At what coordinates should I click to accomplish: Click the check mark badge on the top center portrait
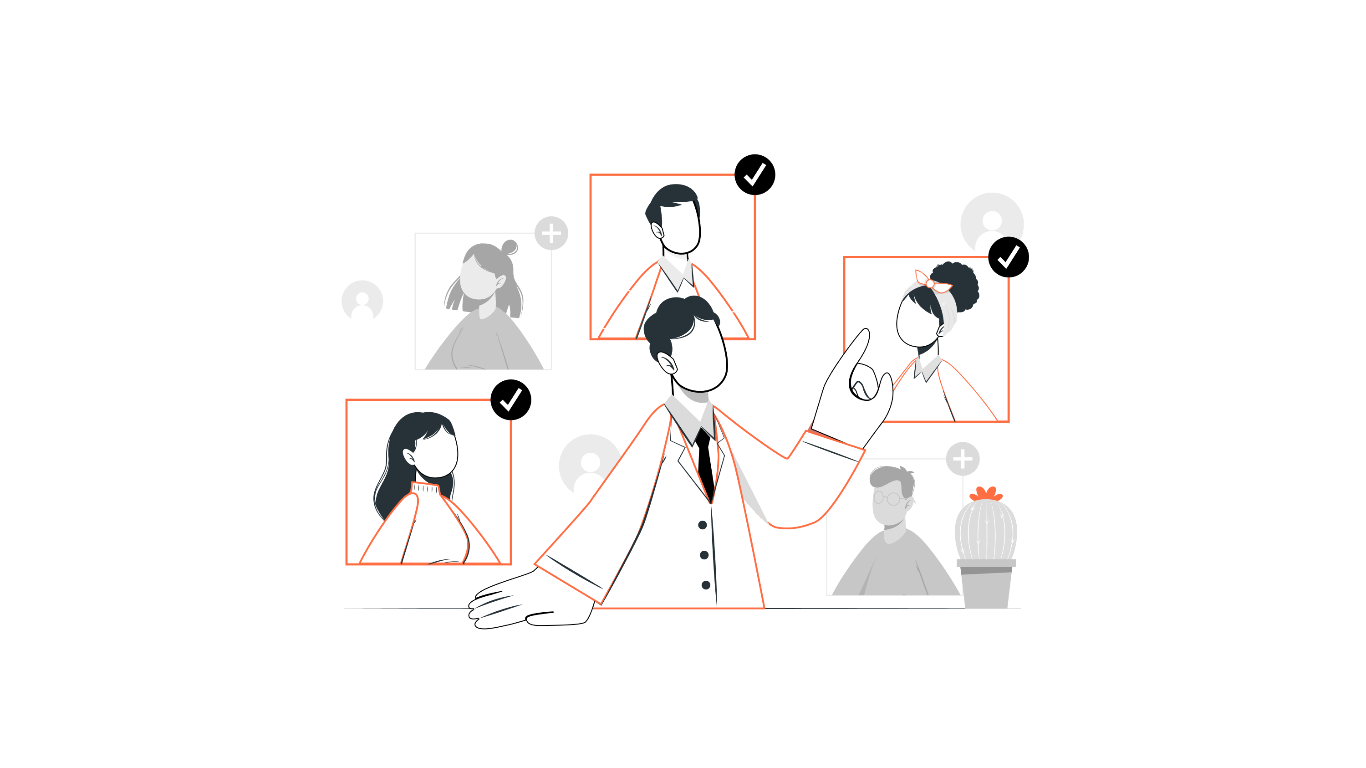click(754, 174)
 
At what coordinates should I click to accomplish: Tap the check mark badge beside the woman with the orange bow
click(1008, 257)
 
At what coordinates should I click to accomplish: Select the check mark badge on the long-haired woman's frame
click(511, 400)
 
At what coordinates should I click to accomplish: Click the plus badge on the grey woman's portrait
click(551, 233)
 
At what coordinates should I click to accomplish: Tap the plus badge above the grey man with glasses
click(963, 459)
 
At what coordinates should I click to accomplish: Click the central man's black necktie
click(706, 461)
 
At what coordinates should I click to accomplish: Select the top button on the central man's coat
click(703, 525)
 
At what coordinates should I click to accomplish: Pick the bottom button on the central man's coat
click(706, 585)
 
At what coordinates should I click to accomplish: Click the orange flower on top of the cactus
click(986, 494)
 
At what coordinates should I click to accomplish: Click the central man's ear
click(667, 364)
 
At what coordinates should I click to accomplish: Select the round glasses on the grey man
click(887, 498)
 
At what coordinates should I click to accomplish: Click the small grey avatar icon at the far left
click(362, 300)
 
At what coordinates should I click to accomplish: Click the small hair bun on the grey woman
click(510, 247)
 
